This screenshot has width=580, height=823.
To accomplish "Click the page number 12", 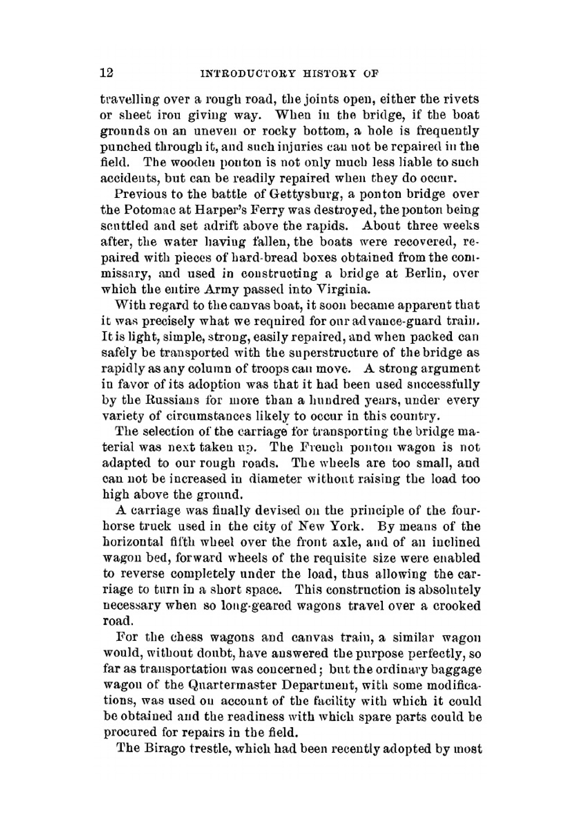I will (x=107, y=73).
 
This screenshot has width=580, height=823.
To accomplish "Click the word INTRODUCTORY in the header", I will (x=246, y=74).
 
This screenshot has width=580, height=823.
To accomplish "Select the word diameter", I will (x=281, y=479).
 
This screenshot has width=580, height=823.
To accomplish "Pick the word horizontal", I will (x=137, y=542).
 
